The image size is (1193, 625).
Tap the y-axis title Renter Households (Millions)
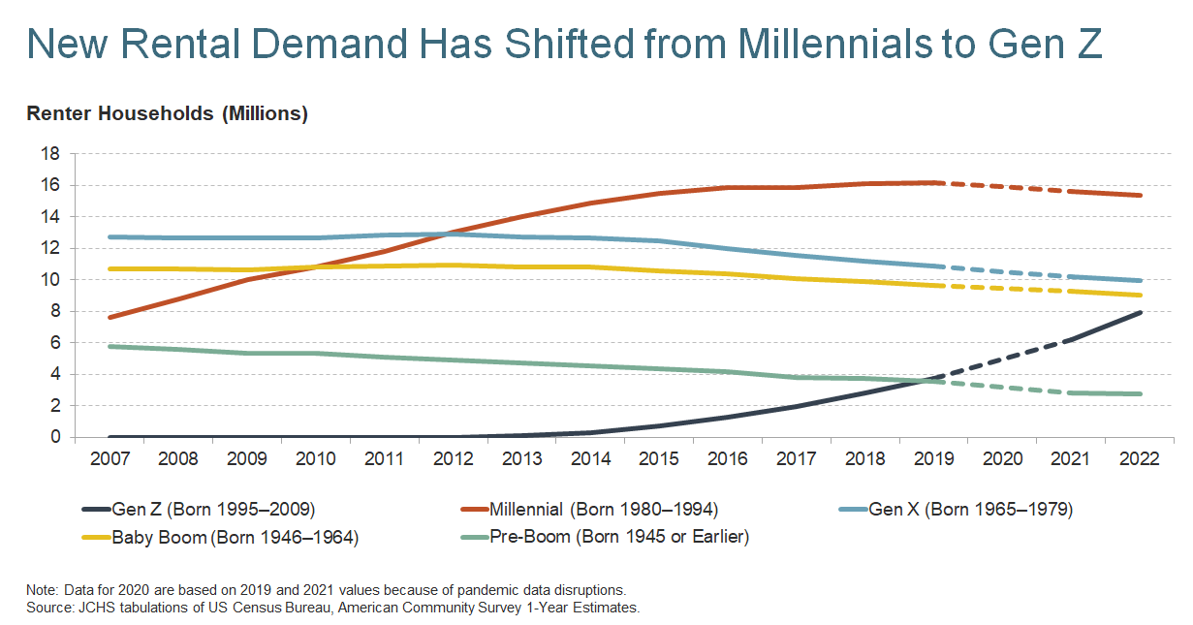(167, 114)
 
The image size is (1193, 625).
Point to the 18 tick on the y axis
(50, 154)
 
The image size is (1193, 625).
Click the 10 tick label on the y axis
(50, 280)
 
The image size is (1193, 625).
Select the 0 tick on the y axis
(55, 437)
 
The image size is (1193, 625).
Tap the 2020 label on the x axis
(1002, 459)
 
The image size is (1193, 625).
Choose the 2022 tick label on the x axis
(1139, 459)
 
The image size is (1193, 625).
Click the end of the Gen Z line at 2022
(1140, 312)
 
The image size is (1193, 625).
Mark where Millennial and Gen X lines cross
(448, 234)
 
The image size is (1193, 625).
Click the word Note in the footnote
(43, 590)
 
